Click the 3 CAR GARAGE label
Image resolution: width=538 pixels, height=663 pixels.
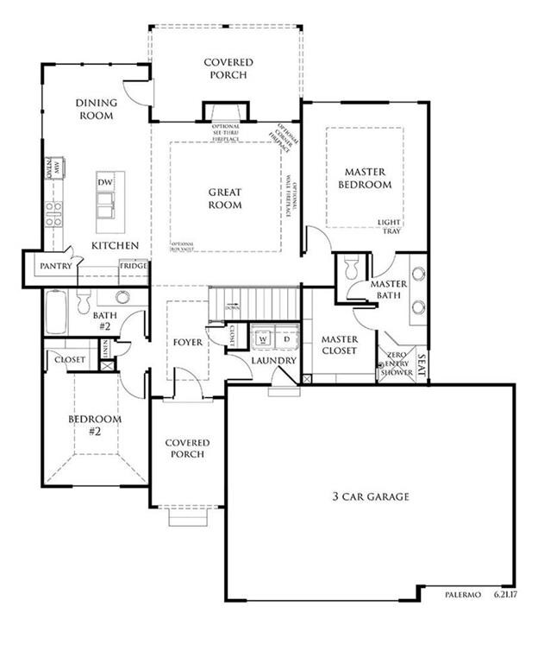(x=370, y=496)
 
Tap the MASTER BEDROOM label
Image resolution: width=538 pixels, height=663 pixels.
(x=364, y=178)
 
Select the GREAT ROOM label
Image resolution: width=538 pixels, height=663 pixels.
(x=225, y=199)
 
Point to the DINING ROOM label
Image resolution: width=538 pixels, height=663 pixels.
(x=95, y=109)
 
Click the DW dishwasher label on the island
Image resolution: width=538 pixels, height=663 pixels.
(x=105, y=183)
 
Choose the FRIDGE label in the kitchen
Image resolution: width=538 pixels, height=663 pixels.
(x=134, y=267)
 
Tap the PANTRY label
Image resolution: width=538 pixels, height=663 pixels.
(x=54, y=267)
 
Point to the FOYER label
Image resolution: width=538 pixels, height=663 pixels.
(x=187, y=343)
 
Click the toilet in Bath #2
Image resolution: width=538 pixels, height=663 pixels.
(x=84, y=301)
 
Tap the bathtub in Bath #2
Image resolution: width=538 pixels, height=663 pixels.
(x=57, y=313)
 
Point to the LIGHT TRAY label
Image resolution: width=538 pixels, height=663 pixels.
(x=390, y=227)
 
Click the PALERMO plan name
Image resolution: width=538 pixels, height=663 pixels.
(x=462, y=595)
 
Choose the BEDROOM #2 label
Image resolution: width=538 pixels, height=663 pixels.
(x=94, y=425)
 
